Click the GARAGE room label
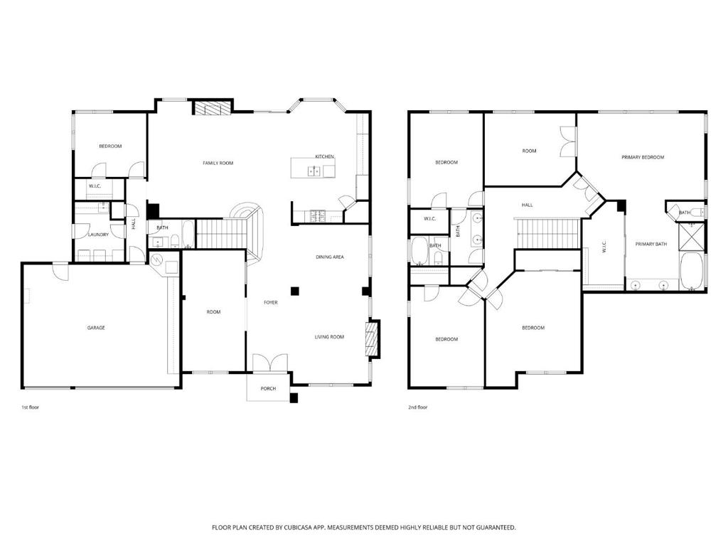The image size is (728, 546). (x=96, y=328)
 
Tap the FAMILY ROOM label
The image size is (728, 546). (x=218, y=163)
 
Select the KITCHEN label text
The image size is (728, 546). (x=324, y=156)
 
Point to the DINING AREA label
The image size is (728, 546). (x=330, y=257)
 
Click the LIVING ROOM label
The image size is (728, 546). (x=329, y=337)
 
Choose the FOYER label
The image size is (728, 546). (x=271, y=303)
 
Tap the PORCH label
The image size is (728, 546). (x=268, y=389)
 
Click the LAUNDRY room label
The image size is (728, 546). (x=98, y=235)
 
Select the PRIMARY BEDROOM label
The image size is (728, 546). (x=643, y=157)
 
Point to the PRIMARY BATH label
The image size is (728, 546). (x=651, y=245)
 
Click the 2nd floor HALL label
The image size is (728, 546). (x=527, y=205)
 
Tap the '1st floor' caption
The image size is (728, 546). (x=30, y=407)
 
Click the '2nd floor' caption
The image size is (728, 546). (x=417, y=407)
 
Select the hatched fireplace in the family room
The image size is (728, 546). (x=212, y=107)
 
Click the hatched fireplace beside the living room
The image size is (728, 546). (x=373, y=339)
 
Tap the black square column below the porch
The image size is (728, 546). (x=294, y=398)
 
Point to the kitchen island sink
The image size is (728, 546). (x=314, y=172)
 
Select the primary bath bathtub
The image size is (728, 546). (x=692, y=271)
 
